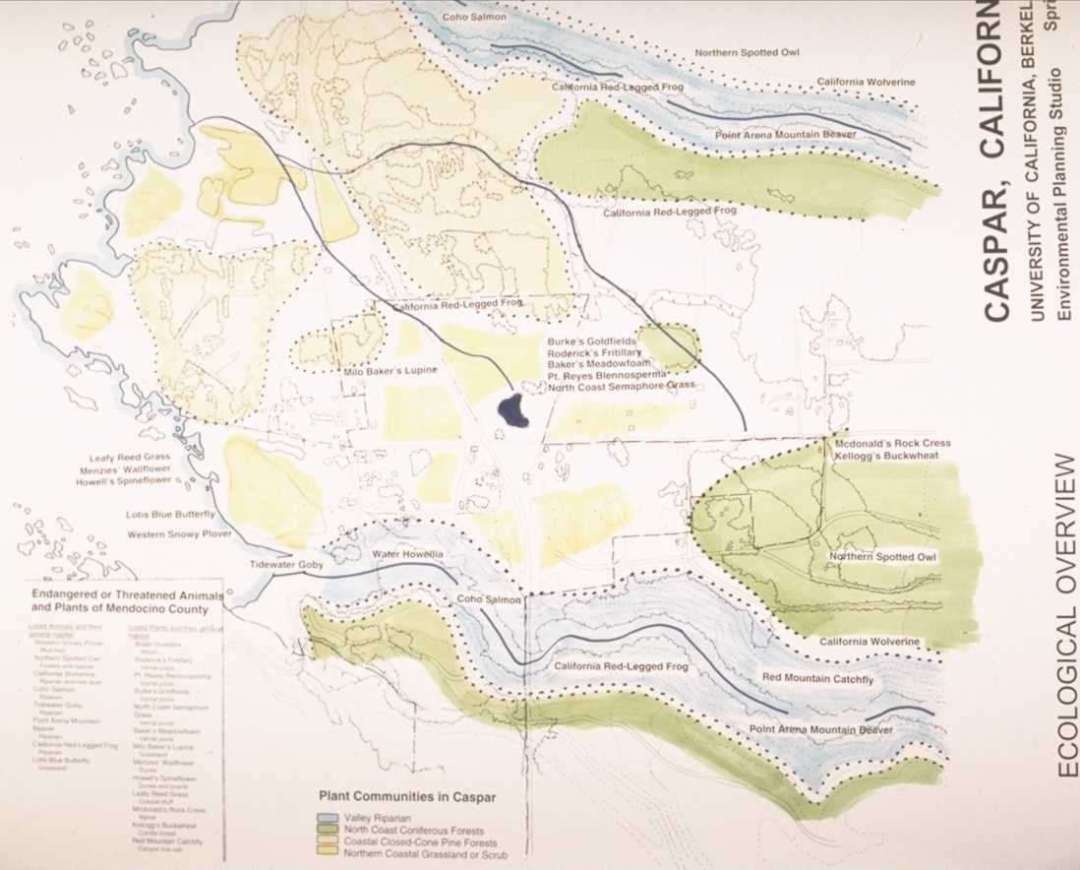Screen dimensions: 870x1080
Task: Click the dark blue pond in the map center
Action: coord(512,411)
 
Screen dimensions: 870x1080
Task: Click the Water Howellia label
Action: coord(408,555)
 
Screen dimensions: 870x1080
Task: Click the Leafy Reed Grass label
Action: coord(129,457)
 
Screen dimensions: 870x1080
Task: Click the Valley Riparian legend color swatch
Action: coord(325,818)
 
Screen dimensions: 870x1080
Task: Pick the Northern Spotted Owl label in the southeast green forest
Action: coord(882,557)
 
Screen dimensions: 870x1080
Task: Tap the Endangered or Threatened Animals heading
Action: coord(124,601)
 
